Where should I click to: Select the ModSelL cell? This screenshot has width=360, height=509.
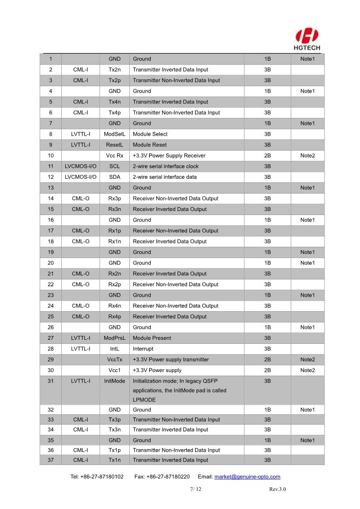[114, 134]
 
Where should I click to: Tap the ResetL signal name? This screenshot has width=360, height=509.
[114, 145]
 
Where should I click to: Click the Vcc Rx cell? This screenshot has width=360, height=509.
[114, 156]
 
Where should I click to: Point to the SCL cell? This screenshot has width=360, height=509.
[114, 166]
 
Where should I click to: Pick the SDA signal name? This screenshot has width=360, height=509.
[114, 177]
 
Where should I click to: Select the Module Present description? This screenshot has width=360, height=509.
[152, 338]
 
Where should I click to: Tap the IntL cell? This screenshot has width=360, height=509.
[114, 349]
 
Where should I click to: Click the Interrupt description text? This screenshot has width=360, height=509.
[143, 349]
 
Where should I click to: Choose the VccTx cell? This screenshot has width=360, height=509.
[114, 360]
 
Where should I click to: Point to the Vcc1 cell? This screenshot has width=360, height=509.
[114, 370]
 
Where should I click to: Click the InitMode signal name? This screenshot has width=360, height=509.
[114, 381]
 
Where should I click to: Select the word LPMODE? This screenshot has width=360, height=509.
[144, 400]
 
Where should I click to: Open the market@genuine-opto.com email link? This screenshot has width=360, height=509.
[247, 477]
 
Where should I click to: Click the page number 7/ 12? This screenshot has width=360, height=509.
[195, 489]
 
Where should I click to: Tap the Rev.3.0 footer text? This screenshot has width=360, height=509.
[277, 489]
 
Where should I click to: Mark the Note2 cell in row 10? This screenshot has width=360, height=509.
[307, 156]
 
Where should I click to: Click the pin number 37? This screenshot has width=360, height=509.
[50, 460]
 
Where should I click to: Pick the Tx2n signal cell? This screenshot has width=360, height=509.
[114, 70]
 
